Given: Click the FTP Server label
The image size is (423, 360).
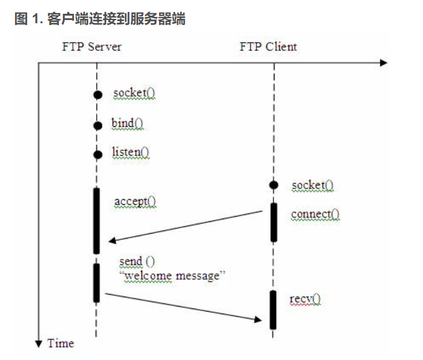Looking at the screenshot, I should (92, 47).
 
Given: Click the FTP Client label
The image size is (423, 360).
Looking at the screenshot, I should (268, 47).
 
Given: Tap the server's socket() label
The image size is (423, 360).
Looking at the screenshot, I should (135, 94).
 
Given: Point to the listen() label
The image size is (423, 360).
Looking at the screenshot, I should (131, 152).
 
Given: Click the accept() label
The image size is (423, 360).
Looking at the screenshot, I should (135, 202).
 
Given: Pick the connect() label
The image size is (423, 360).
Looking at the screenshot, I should (315, 215).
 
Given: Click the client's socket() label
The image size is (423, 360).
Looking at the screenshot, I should (312, 185).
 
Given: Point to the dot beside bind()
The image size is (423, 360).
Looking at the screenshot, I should (97, 125).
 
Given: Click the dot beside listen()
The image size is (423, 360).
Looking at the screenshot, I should (97, 154).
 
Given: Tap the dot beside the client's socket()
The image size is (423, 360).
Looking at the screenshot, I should (273, 185).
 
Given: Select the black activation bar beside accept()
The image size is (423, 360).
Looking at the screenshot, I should (97, 220).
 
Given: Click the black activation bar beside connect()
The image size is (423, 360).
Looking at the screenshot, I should (273, 222).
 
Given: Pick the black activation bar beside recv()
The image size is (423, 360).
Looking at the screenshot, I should (273, 309).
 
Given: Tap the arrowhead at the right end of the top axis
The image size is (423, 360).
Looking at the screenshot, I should (383, 62).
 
